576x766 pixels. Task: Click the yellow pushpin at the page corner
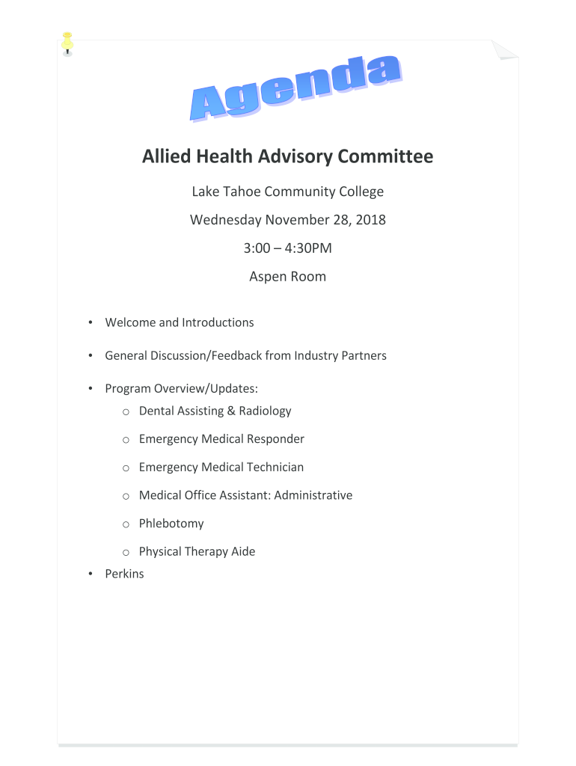(x=67, y=43)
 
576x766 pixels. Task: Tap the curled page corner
(x=505, y=49)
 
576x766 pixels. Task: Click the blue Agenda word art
(x=293, y=88)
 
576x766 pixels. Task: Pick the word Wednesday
(x=225, y=220)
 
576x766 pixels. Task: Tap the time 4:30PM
(x=305, y=248)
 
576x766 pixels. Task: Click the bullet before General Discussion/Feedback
(x=90, y=356)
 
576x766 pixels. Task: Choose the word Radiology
(x=265, y=411)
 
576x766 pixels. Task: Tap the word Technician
(x=274, y=467)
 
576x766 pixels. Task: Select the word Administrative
(x=313, y=495)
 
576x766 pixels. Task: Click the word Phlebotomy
(x=171, y=524)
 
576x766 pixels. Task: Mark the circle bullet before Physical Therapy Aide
(x=126, y=552)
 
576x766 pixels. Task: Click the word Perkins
(x=124, y=574)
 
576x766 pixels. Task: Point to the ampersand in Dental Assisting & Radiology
(x=231, y=411)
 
